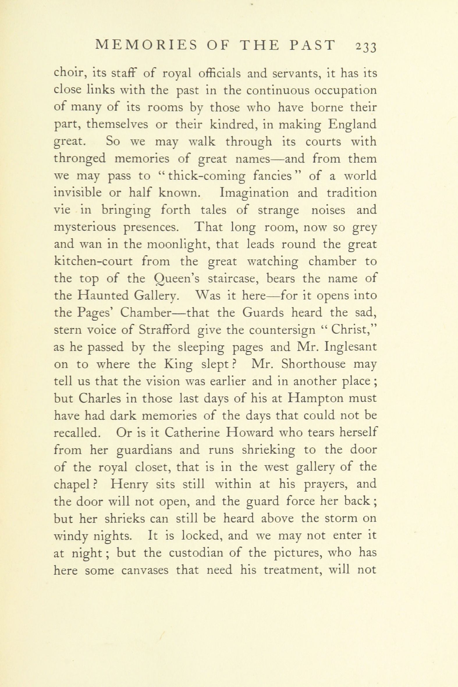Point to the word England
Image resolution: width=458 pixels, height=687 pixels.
[352, 125]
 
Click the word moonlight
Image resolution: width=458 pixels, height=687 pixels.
[178, 244]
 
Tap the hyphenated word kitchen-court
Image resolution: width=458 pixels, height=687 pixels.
[93, 261]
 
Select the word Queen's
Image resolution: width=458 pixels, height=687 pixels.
[176, 279]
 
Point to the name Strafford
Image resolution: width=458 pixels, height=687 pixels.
[164, 330]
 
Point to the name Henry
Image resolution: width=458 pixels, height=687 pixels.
[129, 484]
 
